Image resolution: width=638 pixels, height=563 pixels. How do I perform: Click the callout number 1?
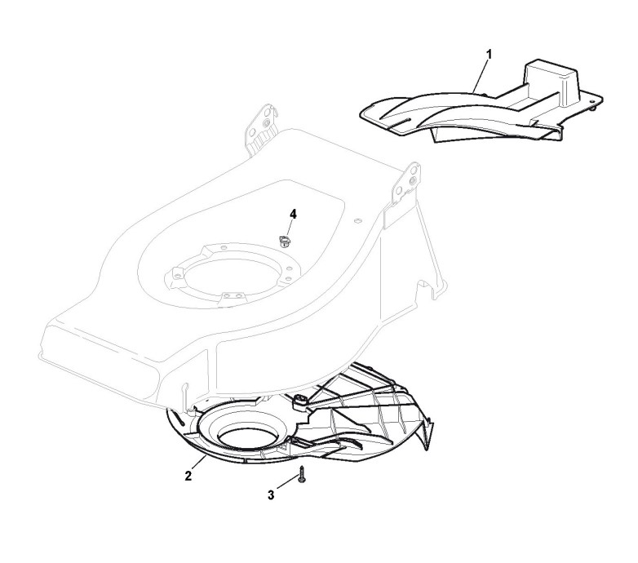[x=488, y=54]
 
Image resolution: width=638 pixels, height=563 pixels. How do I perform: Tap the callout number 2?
[x=188, y=475]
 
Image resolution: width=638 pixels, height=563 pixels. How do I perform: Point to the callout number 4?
[x=293, y=214]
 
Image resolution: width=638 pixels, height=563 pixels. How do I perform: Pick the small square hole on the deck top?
[x=357, y=220]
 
